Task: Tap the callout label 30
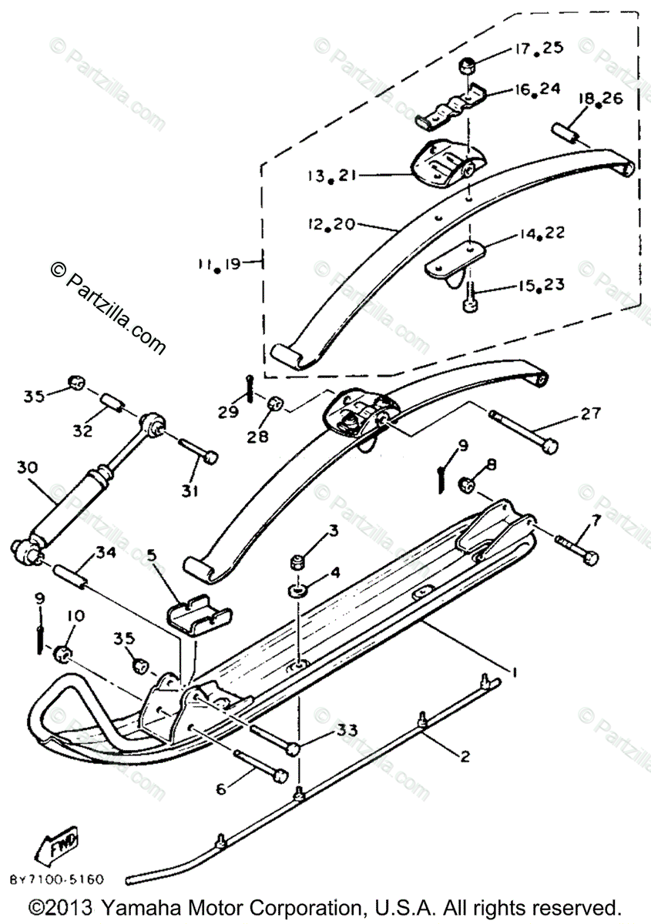tap(26, 467)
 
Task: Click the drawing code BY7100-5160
tap(57, 879)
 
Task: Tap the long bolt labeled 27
tap(523, 433)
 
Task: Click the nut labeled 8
tap(466, 485)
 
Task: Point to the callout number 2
tap(465, 756)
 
